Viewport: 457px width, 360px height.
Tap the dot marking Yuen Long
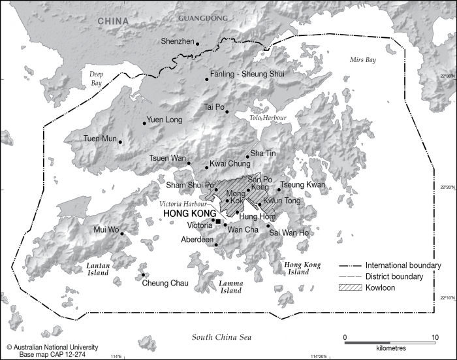(x=144, y=123)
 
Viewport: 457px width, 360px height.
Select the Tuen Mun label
(x=99, y=139)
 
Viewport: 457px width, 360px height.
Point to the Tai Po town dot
(x=227, y=112)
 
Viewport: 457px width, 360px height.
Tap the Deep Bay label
(x=97, y=78)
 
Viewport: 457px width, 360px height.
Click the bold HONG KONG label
(x=189, y=214)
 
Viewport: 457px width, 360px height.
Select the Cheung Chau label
(x=165, y=283)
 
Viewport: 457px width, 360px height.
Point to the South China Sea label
(x=222, y=336)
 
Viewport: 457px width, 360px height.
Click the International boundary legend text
(x=403, y=266)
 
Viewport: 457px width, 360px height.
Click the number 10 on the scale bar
(x=435, y=337)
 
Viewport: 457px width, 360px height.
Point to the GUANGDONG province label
(x=203, y=18)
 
